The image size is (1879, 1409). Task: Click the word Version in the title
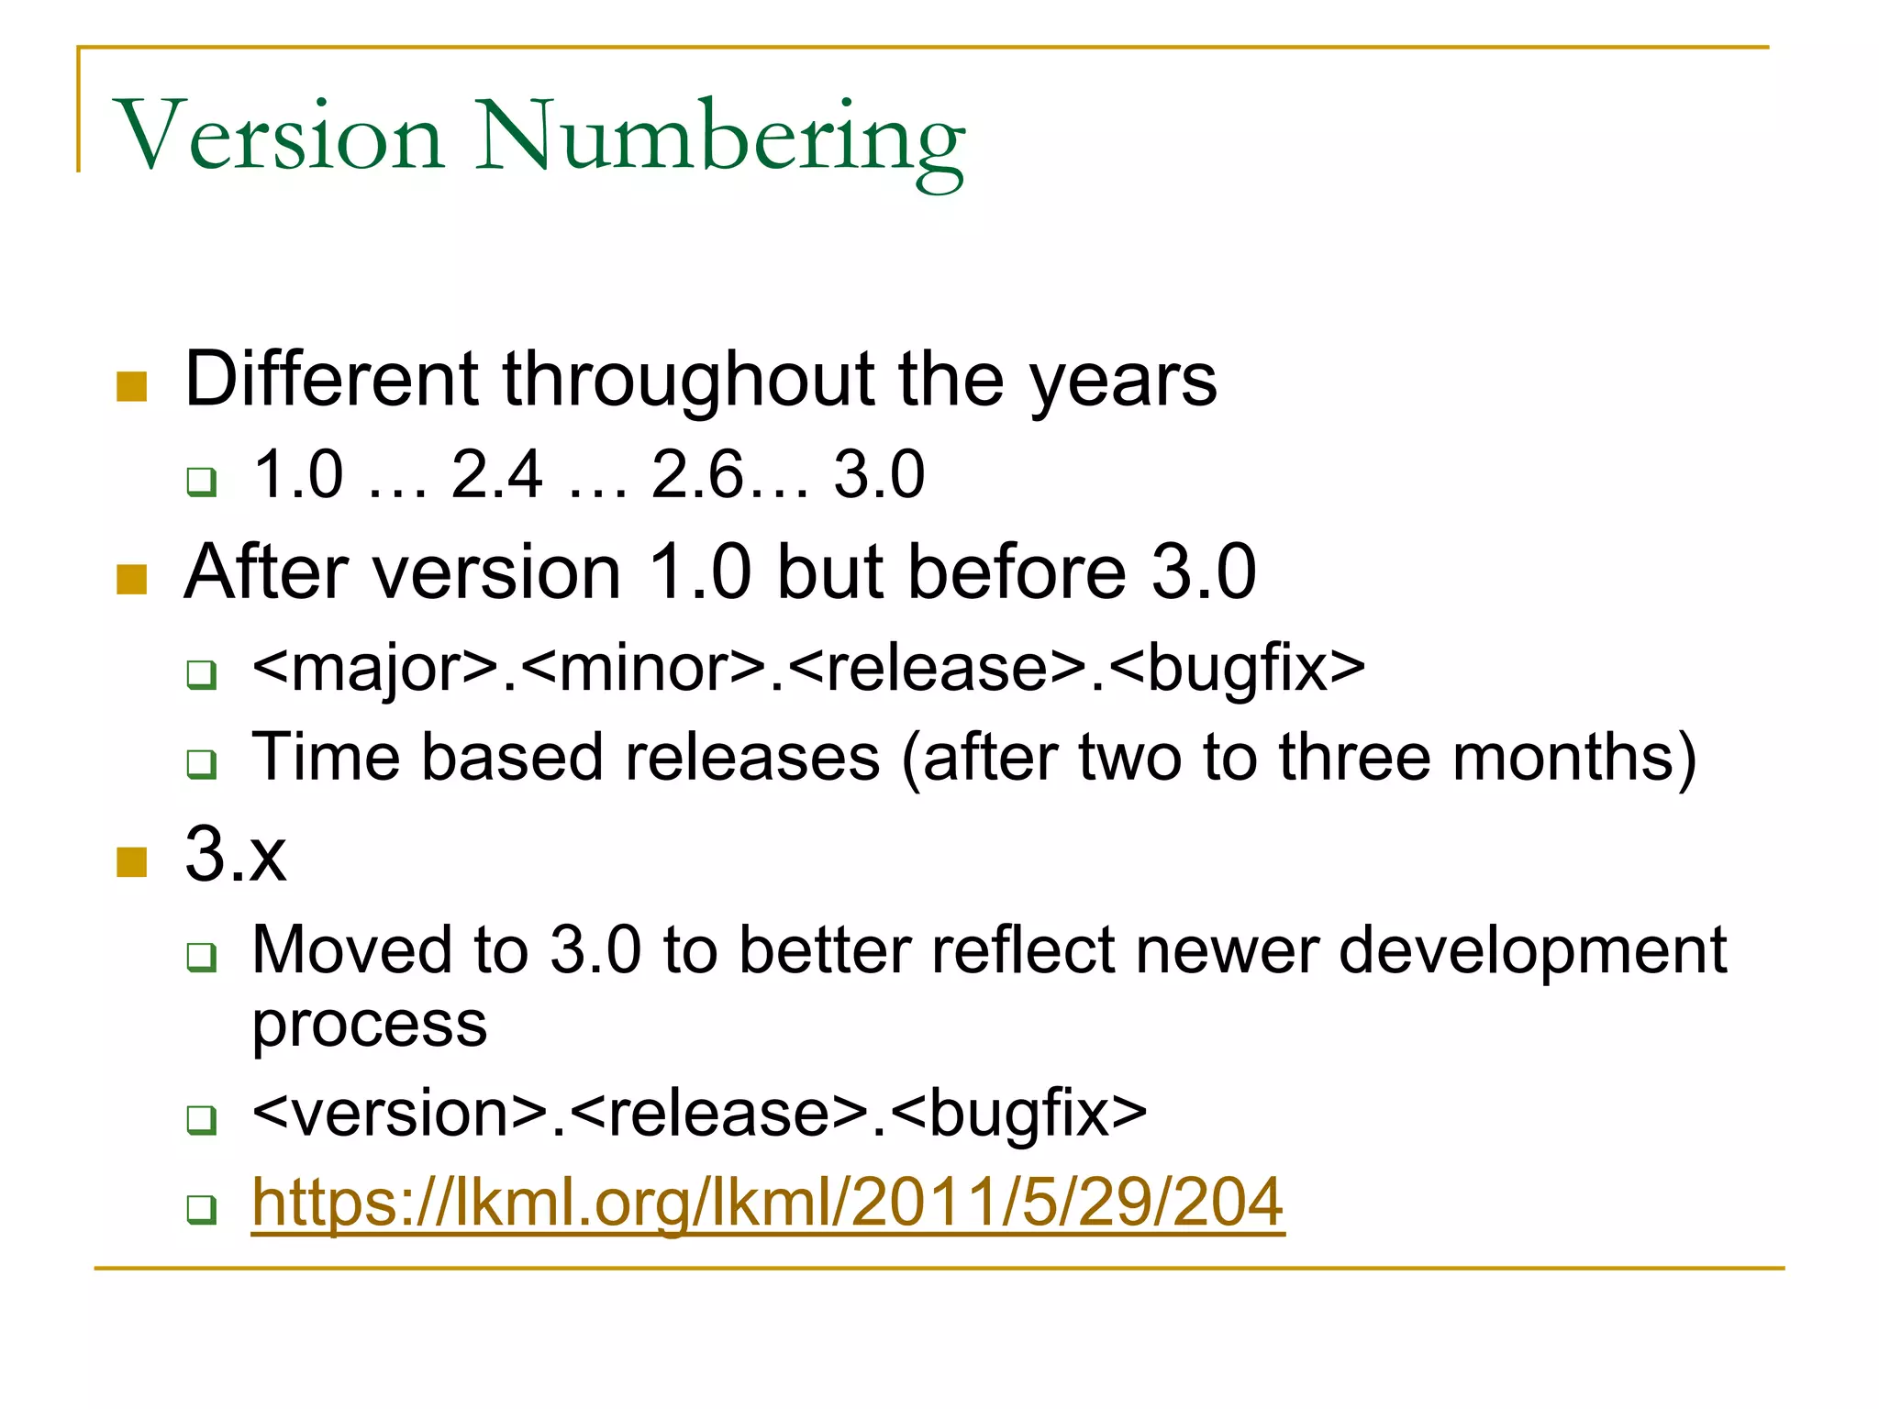tap(280, 138)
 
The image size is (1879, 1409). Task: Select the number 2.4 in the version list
tap(496, 475)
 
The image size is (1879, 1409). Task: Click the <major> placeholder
tap(375, 668)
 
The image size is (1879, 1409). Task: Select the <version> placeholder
tap(400, 1114)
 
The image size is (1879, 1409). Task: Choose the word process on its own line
tap(369, 1026)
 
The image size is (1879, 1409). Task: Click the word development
tap(1532, 950)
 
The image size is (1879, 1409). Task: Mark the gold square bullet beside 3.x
tap(132, 862)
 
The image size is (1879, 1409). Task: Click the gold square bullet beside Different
tap(132, 387)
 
